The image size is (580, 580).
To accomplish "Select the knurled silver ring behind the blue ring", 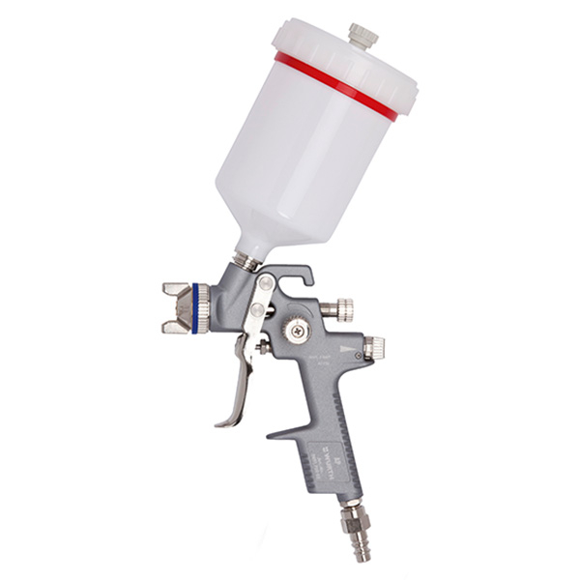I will point(214,308).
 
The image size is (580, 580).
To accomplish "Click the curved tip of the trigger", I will point(225,420).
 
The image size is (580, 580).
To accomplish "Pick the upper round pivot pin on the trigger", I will point(265,282).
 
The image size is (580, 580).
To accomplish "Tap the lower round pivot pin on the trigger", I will point(257,310).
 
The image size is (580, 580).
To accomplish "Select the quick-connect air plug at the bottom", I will point(350,532).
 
